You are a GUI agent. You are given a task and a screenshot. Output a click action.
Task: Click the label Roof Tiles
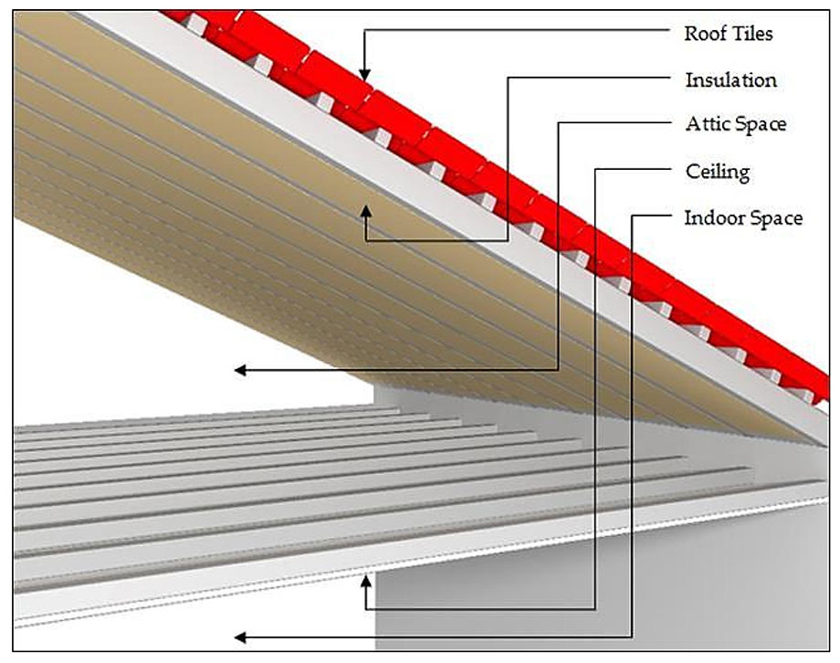[729, 34]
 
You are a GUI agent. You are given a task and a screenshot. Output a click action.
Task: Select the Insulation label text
[730, 79]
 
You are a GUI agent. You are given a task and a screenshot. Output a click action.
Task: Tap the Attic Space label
[735, 124]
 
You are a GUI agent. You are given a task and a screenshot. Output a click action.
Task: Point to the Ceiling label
[717, 171]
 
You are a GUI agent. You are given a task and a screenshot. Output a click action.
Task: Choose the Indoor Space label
[743, 218]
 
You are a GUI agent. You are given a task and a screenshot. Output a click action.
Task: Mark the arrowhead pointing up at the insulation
[365, 212]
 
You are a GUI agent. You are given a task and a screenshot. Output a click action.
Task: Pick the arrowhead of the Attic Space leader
[239, 370]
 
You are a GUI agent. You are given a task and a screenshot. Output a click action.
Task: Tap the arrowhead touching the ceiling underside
[366, 580]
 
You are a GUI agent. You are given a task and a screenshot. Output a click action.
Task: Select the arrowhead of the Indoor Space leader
[239, 637]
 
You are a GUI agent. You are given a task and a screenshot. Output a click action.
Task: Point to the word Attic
[706, 124]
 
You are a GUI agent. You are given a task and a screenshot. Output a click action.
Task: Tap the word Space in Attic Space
[761, 124]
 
